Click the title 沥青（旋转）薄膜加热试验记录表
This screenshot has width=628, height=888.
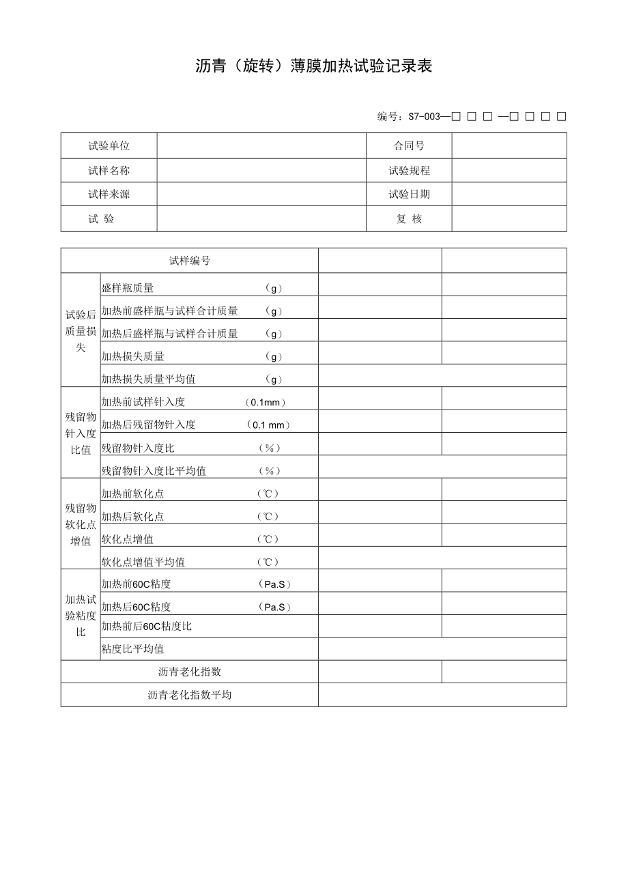coord(314,66)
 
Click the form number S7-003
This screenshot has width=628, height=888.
coord(425,117)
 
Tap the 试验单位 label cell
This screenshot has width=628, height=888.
coord(109,145)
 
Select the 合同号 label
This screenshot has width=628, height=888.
coord(409,145)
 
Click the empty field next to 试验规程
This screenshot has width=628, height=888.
coord(509,171)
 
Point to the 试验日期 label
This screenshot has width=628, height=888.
coord(409,194)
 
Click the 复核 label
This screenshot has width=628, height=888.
coord(409,219)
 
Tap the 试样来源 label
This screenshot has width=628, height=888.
coord(109,194)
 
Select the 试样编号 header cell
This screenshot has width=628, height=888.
coord(189,261)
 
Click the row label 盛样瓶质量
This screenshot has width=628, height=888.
coord(128,288)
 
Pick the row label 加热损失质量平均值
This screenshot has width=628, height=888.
coord(149,379)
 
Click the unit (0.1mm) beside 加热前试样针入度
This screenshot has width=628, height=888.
coord(266,402)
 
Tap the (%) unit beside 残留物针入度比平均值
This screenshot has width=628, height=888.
coord(270,470)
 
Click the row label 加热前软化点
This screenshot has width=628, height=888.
coord(132,493)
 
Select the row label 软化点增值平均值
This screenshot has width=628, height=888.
coord(143,562)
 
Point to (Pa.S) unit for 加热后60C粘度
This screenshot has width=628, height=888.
coord(274,607)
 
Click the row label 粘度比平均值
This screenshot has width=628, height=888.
coord(132,648)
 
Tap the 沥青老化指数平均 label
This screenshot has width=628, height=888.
coord(189,695)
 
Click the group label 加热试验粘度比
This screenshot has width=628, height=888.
coord(81,615)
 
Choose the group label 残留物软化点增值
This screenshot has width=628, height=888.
coord(81,524)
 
